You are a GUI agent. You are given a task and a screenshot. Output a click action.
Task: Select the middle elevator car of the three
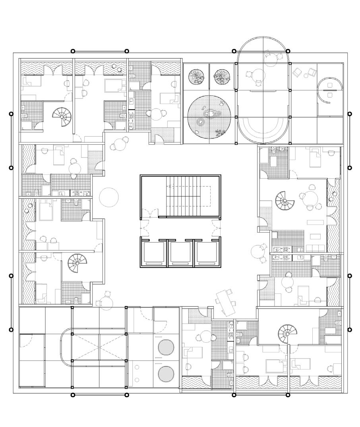coord(180,252)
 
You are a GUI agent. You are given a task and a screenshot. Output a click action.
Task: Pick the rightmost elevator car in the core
coord(207,252)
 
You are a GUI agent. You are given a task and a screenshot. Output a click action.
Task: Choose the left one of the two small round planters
coord(196,76)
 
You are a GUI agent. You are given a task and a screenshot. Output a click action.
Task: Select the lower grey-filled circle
coord(166,374)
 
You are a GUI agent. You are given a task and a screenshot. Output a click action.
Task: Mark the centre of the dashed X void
coord(99,347)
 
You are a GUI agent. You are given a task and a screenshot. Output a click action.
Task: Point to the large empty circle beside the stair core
coord(108,197)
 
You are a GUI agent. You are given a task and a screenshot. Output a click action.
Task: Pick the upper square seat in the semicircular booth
coord(329,85)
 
